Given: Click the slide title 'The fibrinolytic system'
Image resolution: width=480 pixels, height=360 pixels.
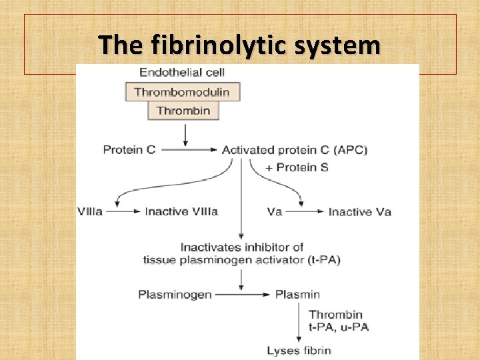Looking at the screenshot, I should (239, 45).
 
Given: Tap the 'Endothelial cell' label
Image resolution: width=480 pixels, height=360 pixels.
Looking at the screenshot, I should (181, 72).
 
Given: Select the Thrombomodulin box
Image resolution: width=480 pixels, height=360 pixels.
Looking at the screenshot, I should (182, 92).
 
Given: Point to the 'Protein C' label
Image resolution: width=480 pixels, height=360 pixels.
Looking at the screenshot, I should (129, 150).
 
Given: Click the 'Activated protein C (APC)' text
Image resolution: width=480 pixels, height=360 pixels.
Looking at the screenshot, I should (294, 150).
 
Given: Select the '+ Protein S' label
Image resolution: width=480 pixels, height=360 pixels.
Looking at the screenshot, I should (297, 167).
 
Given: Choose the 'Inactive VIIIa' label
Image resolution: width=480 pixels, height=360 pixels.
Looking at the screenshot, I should (181, 212).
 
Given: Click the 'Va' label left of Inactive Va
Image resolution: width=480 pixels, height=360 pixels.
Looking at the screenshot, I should (274, 212).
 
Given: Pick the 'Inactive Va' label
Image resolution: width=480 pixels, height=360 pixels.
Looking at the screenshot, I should (359, 212).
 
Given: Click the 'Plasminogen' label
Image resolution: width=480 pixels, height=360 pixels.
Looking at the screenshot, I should (175, 294).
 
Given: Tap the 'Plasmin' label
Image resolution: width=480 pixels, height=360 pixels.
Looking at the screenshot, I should (297, 294).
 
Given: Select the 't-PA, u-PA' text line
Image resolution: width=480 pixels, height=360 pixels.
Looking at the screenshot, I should (339, 327).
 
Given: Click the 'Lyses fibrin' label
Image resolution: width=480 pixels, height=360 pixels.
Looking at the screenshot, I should (299, 350).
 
